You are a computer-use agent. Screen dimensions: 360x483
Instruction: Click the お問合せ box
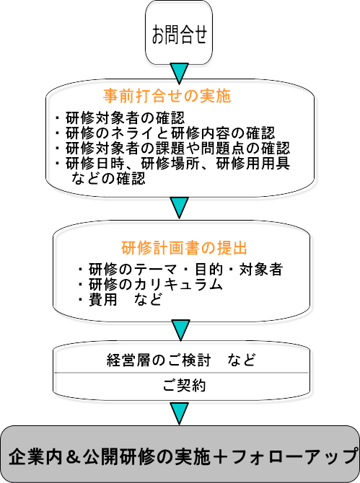[x=179, y=32]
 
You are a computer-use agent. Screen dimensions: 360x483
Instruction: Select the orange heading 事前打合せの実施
[x=167, y=96]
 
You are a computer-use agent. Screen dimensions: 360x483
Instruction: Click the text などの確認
[x=108, y=178]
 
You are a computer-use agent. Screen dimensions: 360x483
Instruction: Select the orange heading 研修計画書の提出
[x=184, y=248]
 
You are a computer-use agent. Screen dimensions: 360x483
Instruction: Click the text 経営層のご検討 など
[x=181, y=360]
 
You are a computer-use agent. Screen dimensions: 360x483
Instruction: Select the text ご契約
[x=184, y=386]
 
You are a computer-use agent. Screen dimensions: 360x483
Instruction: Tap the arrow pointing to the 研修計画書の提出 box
[x=179, y=208]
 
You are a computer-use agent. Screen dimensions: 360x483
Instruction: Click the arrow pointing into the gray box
[x=179, y=414]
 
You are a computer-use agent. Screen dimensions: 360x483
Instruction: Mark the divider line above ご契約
[x=181, y=373]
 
